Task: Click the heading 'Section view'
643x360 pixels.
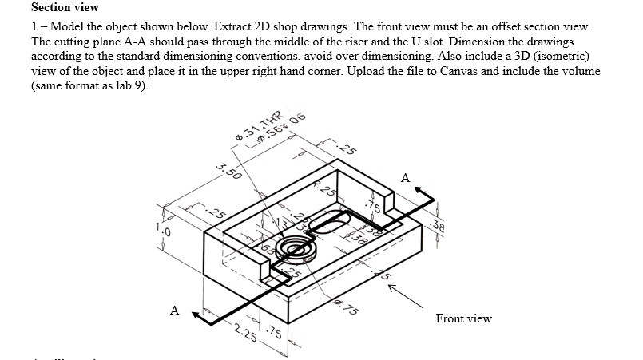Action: [65, 7]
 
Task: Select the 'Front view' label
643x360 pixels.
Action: [463, 318]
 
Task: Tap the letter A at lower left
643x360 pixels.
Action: [174, 311]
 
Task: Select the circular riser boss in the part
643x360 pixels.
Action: [296, 251]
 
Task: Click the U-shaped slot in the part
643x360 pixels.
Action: [329, 226]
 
